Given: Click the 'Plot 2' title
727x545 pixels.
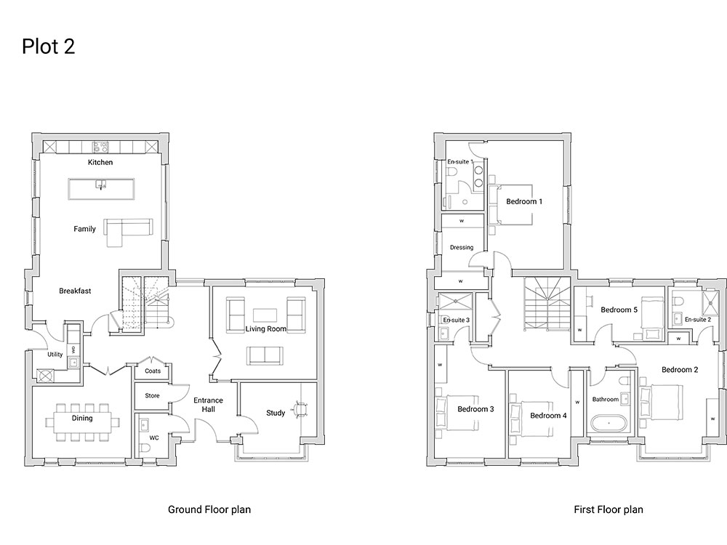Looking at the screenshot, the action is coord(48,47).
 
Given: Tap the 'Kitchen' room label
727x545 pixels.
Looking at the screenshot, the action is coord(100,162).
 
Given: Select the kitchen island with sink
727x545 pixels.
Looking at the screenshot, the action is coord(102,189).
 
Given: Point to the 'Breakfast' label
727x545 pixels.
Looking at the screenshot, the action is coord(75,291).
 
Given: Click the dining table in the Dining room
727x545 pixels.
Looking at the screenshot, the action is coord(82,422).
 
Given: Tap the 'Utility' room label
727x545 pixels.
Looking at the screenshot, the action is coord(55,355).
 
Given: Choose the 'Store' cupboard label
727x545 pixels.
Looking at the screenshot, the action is coord(152,396).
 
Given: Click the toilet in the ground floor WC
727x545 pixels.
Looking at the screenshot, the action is coord(145,448).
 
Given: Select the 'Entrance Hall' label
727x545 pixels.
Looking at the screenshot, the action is coord(208,405).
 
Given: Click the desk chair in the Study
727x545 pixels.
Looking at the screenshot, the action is coord(300,409).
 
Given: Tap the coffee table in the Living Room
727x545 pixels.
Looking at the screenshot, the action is coord(265,315).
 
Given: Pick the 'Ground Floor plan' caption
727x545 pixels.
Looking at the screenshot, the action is coord(209,510).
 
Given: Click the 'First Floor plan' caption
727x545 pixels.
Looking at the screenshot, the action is coord(608,510).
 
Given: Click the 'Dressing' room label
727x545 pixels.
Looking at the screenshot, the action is coord(462,248).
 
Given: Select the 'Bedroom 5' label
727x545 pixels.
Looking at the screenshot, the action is coord(619,310).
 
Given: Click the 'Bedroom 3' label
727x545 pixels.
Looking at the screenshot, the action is coord(475,409).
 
